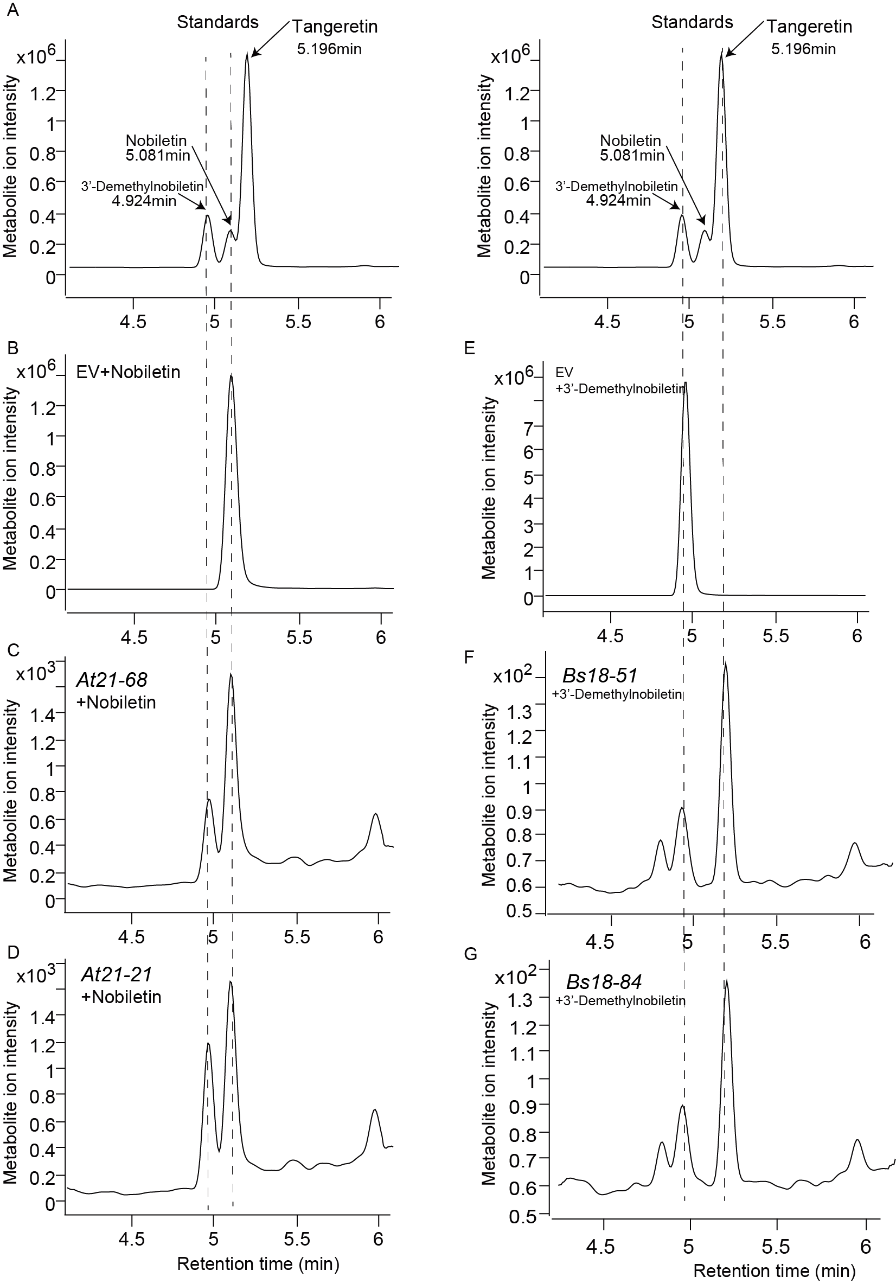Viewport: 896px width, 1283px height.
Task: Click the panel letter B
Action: (12, 348)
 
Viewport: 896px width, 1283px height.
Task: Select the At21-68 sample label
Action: (112, 680)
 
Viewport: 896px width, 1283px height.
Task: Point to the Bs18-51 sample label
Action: (599, 675)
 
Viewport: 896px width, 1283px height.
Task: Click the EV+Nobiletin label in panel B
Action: (129, 372)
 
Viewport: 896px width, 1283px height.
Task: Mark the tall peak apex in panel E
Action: (686, 384)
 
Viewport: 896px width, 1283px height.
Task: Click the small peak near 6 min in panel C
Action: (375, 814)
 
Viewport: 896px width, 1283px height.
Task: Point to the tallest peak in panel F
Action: (725, 665)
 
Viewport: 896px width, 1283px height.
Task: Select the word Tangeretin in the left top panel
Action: (335, 26)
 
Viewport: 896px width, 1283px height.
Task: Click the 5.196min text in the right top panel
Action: (803, 49)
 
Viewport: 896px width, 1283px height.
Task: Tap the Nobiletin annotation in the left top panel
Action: (156, 141)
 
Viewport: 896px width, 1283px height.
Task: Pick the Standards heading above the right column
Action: (692, 22)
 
